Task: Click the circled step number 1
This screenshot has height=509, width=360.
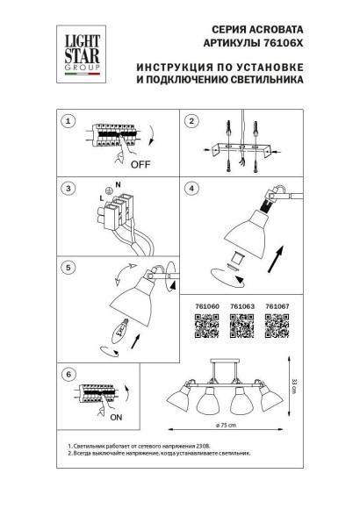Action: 70,120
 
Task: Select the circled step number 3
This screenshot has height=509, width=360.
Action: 70,189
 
